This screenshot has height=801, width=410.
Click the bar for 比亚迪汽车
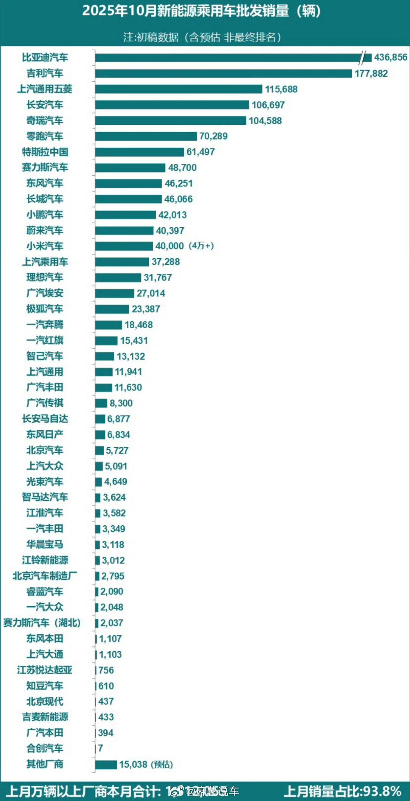(228, 58)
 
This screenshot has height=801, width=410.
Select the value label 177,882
(371, 73)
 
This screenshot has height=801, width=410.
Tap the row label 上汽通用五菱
(45, 89)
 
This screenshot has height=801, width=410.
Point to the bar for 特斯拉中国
(139, 152)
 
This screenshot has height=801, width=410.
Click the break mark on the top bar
(365, 58)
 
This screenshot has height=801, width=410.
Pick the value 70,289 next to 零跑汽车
(213, 136)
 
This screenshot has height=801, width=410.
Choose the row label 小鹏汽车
(45, 215)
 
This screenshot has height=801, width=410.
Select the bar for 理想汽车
(118, 278)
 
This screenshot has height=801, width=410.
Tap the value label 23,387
(146, 309)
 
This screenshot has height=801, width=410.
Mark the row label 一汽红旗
(45, 340)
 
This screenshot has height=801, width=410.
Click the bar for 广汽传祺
(101, 403)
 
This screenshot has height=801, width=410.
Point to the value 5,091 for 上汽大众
(116, 466)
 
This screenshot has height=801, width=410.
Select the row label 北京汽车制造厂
(45, 576)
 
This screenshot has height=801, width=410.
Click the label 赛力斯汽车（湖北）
(42, 623)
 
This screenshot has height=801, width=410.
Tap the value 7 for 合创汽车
(100, 748)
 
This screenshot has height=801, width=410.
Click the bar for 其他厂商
(106, 765)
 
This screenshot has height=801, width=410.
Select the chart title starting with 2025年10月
(201, 11)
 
